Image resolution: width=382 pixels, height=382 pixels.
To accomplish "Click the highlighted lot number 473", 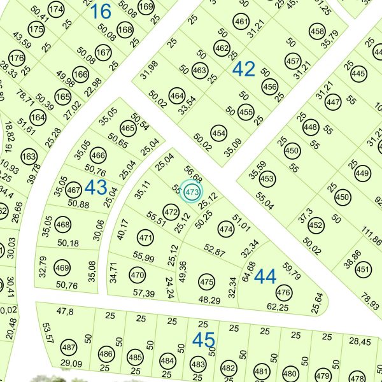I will (190, 191).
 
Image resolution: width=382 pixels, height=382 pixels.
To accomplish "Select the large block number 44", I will (265, 277).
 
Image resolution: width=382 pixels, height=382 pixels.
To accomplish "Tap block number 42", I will (243, 69).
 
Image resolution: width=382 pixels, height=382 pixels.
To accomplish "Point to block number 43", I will (96, 187).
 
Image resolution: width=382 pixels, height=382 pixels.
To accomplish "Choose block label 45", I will (204, 341).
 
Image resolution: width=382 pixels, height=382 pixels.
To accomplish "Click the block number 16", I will (100, 11).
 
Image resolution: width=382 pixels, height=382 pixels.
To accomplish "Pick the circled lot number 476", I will (283, 293).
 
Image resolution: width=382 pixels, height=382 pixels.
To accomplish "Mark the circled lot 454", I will (218, 134).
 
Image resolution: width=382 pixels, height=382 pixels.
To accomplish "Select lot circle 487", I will (69, 348).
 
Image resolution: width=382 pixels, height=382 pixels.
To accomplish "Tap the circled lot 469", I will (62, 268).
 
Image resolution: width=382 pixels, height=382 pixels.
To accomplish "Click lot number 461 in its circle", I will (241, 22).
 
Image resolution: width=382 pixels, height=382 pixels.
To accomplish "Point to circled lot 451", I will (363, 270).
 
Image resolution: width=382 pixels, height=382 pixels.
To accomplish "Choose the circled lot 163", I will (29, 157).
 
